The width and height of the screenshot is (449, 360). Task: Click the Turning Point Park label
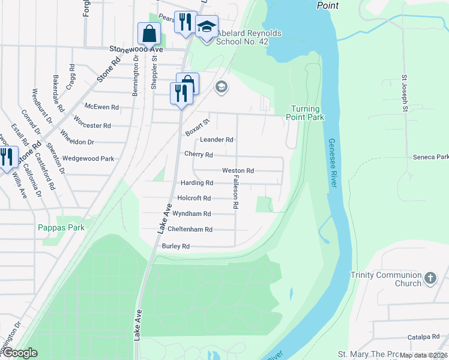(307, 113)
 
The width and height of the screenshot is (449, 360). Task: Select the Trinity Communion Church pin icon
(430, 278)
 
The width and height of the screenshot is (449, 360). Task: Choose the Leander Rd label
(216, 139)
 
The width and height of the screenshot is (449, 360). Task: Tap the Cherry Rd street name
(198, 155)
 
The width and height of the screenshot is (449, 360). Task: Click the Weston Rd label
(238, 170)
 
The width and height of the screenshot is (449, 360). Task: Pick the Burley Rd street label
(175, 246)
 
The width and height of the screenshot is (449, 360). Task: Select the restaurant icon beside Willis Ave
(7, 157)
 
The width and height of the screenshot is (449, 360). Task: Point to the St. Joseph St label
(405, 94)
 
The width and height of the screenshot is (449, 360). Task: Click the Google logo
(20, 353)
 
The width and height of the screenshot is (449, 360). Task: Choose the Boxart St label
(196, 125)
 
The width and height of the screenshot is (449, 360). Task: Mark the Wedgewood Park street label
(88, 159)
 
